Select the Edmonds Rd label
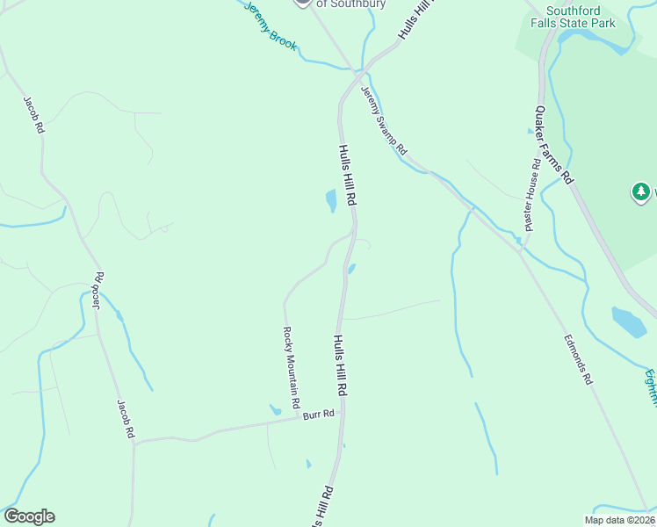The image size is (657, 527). click(578, 358)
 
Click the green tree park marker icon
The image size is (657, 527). click(641, 191)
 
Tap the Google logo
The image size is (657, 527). click(29, 516)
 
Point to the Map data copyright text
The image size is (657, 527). click(619, 520)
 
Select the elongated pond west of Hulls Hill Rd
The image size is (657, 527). click(331, 201)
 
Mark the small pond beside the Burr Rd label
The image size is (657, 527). click(276, 409)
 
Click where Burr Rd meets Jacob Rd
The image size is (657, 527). click(134, 440)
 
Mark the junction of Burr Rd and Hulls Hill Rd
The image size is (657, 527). click(342, 416)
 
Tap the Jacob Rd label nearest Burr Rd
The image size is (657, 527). click(126, 419)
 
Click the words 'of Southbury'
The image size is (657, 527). click(350, 4)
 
